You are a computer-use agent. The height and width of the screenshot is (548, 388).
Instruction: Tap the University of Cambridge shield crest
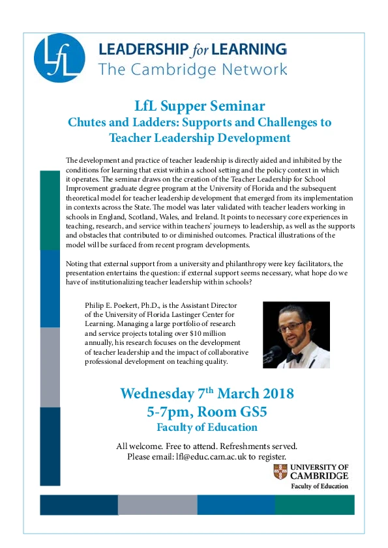point(280,473)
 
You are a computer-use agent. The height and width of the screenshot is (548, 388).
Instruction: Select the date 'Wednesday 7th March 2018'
point(207,394)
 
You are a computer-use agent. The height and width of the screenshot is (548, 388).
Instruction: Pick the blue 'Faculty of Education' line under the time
point(207,428)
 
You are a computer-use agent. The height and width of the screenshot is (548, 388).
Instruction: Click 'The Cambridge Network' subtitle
point(192,69)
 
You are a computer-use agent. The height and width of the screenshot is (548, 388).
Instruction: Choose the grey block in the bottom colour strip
point(157,504)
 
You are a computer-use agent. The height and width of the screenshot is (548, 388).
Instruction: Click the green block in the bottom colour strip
point(314,504)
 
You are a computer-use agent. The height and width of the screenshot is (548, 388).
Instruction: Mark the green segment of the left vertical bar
point(50,210)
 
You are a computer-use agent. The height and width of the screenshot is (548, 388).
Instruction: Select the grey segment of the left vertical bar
point(50,367)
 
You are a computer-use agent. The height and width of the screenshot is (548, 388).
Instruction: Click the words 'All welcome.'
point(138,446)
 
